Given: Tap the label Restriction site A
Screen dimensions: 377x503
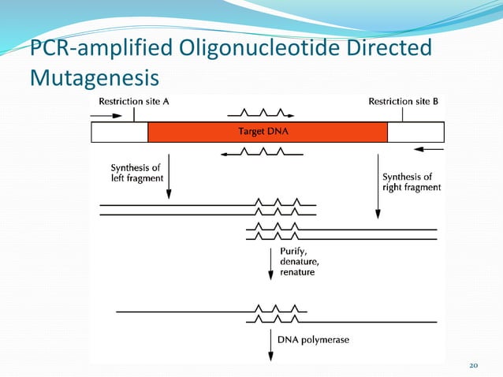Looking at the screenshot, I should pos(133,101).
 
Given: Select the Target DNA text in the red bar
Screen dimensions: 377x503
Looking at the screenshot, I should pos(263,132).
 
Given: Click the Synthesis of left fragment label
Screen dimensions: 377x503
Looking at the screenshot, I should pos(136,173).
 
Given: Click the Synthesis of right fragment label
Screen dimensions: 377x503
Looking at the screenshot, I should pos(411,182).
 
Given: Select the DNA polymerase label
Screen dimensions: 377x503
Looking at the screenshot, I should pos(313,340).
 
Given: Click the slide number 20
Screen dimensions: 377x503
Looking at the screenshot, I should pos(474,365).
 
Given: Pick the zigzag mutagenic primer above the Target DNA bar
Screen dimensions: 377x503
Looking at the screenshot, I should pos(260,112).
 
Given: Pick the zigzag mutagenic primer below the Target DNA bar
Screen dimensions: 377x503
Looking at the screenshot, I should pos(261,153).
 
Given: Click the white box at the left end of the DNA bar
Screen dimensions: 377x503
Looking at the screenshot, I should pos(120,132).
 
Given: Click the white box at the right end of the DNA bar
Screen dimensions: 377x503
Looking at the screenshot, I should pos(415,132).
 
